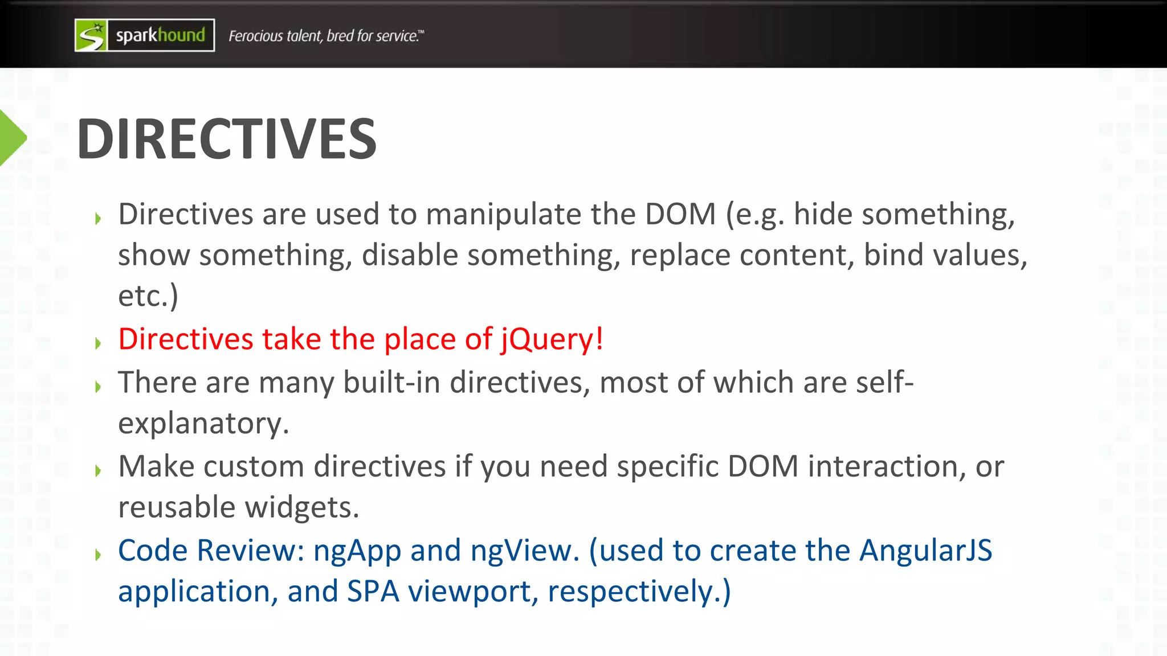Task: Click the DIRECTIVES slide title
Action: click(x=226, y=139)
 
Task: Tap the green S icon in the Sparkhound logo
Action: click(x=91, y=35)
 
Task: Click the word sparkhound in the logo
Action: click(x=160, y=35)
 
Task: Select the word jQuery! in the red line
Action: click(x=552, y=339)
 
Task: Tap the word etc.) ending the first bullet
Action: click(x=148, y=296)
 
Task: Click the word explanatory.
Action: click(x=203, y=424)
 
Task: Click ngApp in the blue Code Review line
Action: click(x=357, y=551)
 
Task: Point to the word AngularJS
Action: click(x=925, y=551)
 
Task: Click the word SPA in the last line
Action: click(x=373, y=592)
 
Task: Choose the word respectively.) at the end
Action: click(x=639, y=592)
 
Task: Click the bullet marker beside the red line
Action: click(x=98, y=343)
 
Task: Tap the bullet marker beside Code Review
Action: click(x=98, y=554)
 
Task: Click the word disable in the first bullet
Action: click(x=410, y=255)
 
